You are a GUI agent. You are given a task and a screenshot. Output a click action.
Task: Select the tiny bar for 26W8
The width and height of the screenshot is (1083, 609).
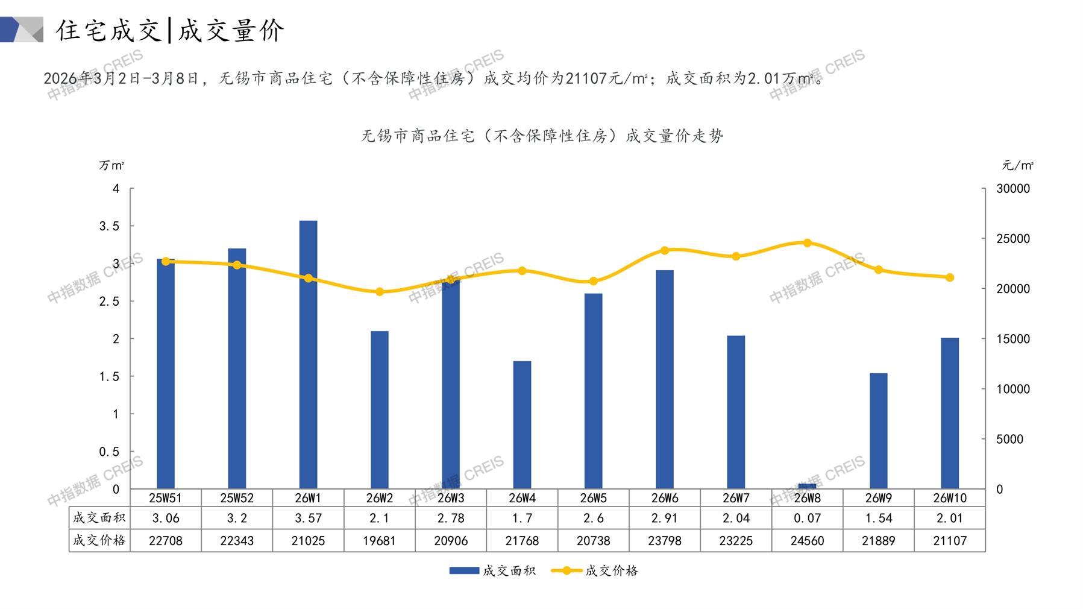pyautogui.click(x=807, y=485)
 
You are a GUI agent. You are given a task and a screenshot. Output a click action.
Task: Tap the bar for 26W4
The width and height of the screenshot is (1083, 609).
pyautogui.click(x=522, y=424)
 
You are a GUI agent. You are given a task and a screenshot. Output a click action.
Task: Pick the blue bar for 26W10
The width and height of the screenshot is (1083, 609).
pyautogui.click(x=949, y=413)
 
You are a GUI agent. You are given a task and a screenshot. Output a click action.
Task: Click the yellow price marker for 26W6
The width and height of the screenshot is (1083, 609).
pyautogui.click(x=665, y=250)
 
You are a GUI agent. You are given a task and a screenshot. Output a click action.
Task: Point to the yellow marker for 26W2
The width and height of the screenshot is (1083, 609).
pyautogui.click(x=380, y=292)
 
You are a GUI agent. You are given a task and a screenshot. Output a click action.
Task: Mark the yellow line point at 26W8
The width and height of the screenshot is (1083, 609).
pyautogui.click(x=807, y=243)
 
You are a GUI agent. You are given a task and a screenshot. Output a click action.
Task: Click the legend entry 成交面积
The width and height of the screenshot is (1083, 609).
pyautogui.click(x=492, y=570)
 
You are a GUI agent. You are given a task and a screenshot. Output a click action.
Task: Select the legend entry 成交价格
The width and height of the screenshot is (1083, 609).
pyautogui.click(x=595, y=570)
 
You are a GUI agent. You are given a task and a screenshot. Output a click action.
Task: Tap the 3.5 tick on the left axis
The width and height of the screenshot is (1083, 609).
pyautogui.click(x=109, y=226)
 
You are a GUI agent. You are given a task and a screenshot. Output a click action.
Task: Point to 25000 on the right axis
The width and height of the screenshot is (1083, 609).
pyautogui.click(x=1013, y=239)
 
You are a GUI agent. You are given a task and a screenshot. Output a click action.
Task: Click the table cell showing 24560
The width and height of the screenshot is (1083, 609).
pyautogui.click(x=807, y=541)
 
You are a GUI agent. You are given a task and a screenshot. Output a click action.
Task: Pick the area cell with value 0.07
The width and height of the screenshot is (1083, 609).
pyautogui.click(x=807, y=518)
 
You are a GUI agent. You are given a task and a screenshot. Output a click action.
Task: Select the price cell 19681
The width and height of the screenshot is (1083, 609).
pyautogui.click(x=380, y=541)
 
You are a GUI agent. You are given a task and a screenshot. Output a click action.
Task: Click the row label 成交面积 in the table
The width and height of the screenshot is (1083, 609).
pyautogui.click(x=99, y=518)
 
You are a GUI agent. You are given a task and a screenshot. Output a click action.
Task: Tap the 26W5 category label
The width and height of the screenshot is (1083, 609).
pyautogui.click(x=593, y=498)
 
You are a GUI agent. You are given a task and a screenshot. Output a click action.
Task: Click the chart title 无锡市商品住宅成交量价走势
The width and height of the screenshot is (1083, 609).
pyautogui.click(x=542, y=136)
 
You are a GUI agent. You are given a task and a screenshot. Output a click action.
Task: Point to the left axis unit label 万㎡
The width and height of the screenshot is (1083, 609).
pyautogui.click(x=111, y=165)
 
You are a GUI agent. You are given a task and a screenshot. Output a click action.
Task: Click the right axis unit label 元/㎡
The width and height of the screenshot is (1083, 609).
pyautogui.click(x=1017, y=165)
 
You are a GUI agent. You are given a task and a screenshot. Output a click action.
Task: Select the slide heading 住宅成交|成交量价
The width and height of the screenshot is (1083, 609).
pyautogui.click(x=170, y=30)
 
